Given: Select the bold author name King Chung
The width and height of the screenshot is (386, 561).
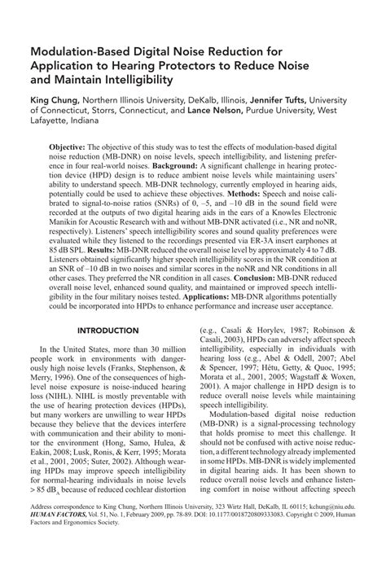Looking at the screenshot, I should click(53, 99).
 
